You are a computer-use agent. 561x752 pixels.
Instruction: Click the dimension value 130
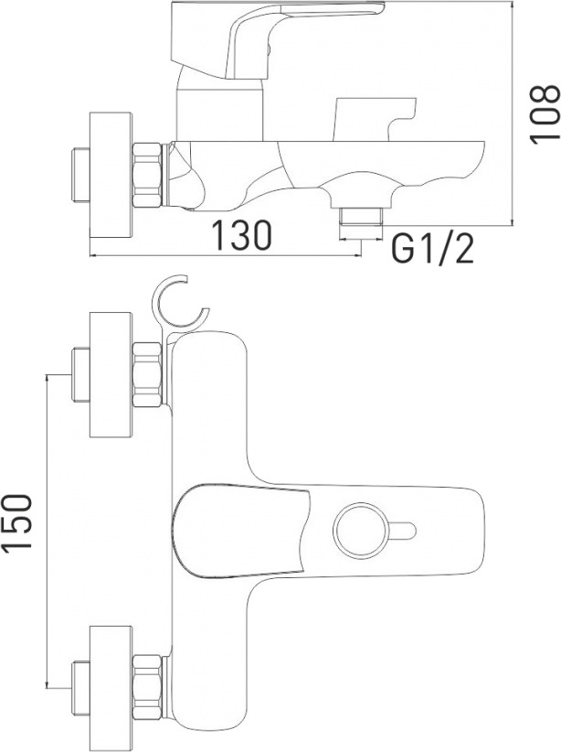(x=241, y=235)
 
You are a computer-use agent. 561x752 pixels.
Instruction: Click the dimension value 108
(x=545, y=113)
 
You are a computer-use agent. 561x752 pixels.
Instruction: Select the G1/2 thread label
(x=432, y=250)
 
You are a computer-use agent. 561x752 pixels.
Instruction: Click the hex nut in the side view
(x=148, y=175)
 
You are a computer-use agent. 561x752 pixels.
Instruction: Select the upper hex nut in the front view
(x=148, y=374)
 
